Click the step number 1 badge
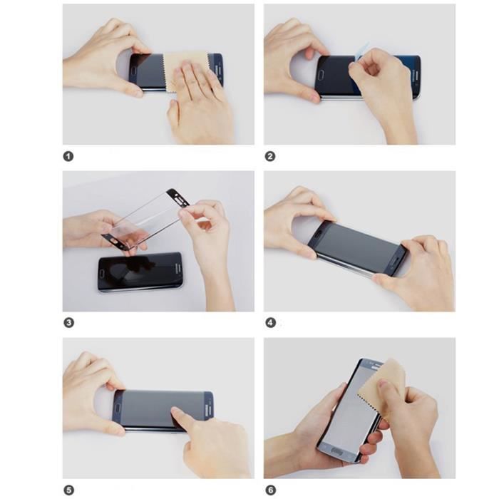coord(68,156)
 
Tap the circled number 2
coord(270,156)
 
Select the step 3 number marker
coord(68,323)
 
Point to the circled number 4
coord(270,323)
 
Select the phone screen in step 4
coord(356,246)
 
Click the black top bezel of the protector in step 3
coord(174,197)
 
